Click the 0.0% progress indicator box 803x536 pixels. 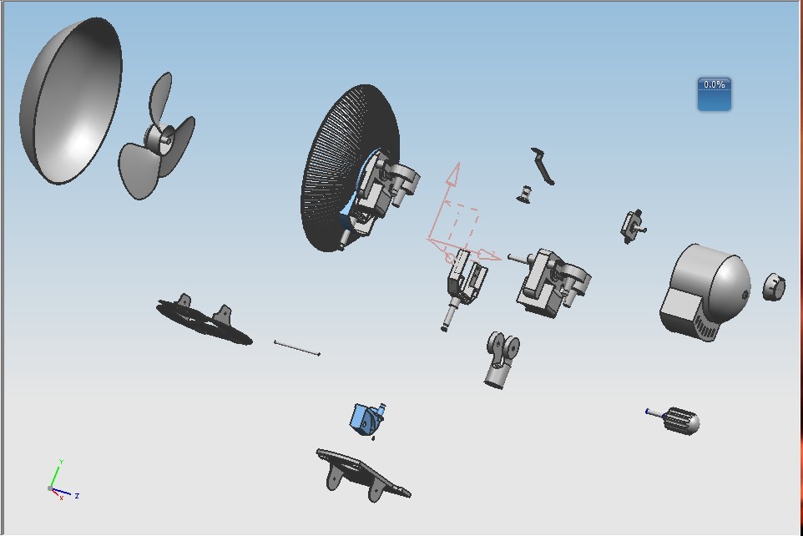(x=714, y=94)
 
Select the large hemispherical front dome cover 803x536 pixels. (x=71, y=101)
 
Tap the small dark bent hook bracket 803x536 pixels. (x=543, y=166)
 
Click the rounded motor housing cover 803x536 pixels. (x=705, y=292)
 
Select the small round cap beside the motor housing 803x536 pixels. (x=774, y=287)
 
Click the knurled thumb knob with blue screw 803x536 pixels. (x=674, y=420)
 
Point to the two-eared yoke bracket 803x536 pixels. (x=502, y=360)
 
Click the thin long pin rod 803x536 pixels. (x=297, y=347)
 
